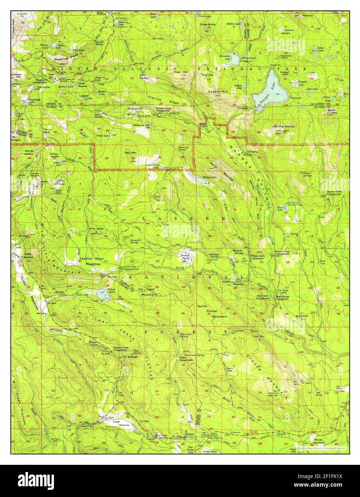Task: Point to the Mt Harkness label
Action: click(284, 127)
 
